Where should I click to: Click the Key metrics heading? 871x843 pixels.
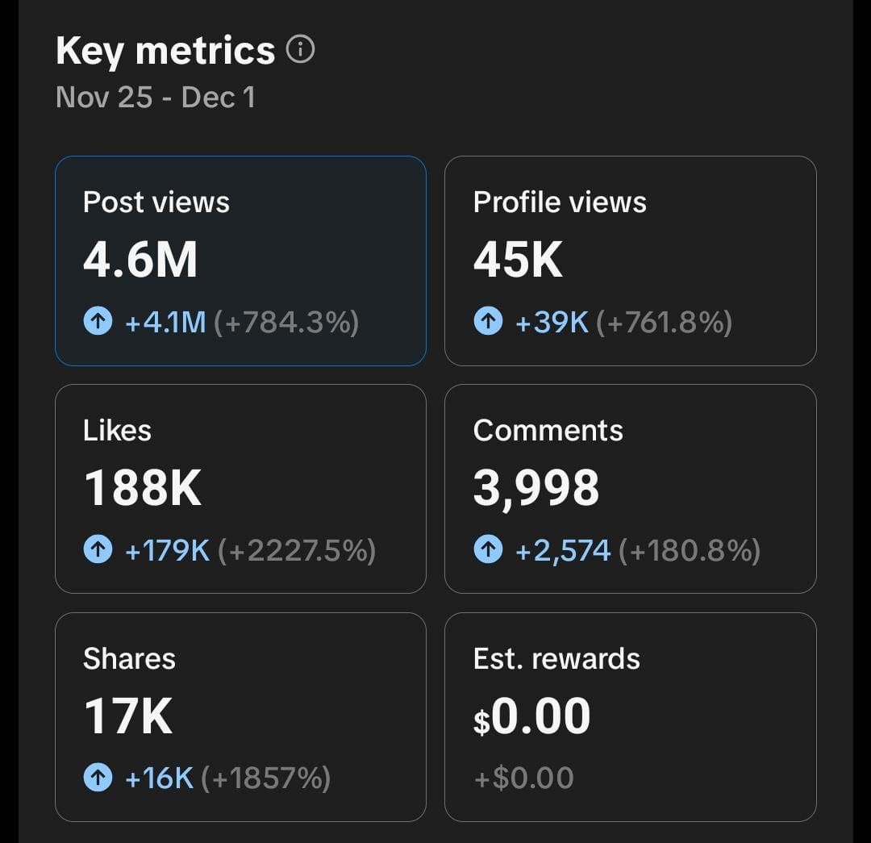(x=165, y=52)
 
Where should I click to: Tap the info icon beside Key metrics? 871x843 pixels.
(x=300, y=51)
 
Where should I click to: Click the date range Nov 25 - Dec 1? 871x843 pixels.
(x=156, y=98)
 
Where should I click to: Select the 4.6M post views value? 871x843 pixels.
(x=140, y=261)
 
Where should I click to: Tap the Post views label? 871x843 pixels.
(x=156, y=202)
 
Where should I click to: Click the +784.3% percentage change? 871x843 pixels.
(x=286, y=323)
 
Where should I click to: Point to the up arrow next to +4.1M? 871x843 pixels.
(x=98, y=323)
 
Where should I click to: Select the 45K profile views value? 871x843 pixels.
(x=518, y=261)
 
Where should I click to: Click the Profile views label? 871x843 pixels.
(x=560, y=202)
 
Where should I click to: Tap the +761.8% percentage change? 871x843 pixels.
(x=664, y=323)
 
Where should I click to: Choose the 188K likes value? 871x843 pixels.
(x=143, y=489)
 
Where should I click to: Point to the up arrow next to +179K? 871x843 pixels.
(x=98, y=551)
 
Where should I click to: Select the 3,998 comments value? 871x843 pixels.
(x=536, y=489)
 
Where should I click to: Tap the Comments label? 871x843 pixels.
(x=548, y=430)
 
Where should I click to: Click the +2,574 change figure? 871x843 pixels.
(x=562, y=551)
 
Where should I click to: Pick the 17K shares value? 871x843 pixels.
(x=128, y=716)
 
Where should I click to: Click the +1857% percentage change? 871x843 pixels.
(x=265, y=778)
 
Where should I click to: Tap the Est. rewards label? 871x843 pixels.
(x=556, y=658)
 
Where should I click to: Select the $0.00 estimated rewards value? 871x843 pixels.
(x=531, y=716)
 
